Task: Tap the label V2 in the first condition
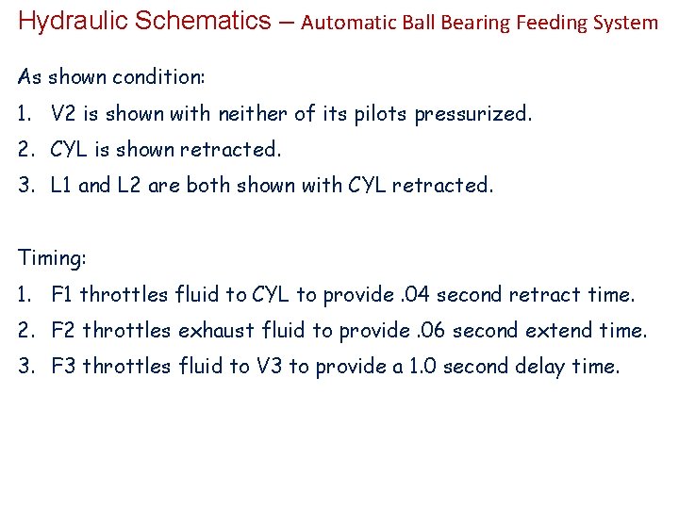tap(64, 114)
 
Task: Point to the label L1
tap(61, 186)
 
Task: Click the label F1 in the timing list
tap(63, 294)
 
